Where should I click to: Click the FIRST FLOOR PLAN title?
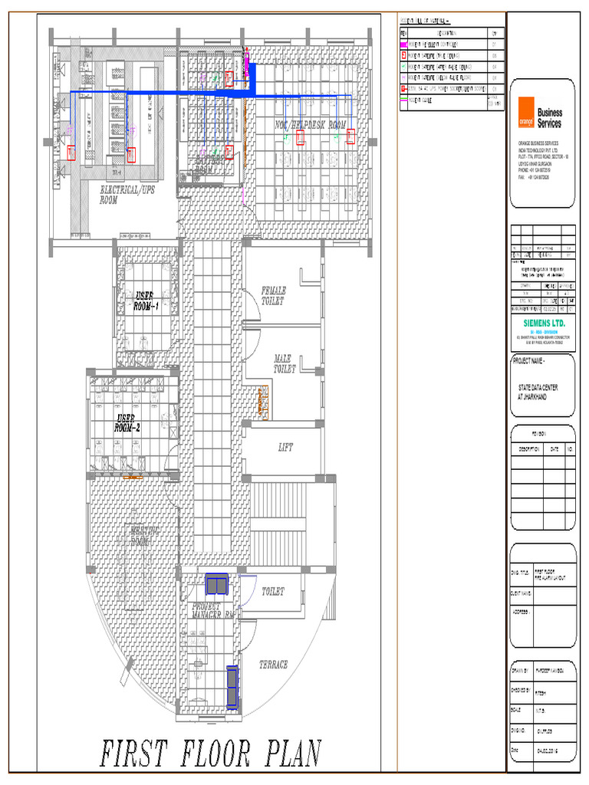coord(210,753)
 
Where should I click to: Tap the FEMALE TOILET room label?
coord(274,296)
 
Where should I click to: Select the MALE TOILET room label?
coord(285,363)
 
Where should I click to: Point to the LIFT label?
coord(286,447)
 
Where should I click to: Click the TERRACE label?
coord(274,665)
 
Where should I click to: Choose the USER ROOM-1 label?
coord(145,301)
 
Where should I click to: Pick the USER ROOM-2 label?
coord(127,422)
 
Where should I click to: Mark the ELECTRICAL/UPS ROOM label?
coord(127,194)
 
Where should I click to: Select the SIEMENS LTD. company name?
coord(543,323)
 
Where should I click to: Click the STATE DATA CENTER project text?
coord(538,392)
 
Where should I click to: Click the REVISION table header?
coord(543,432)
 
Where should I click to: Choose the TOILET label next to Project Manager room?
coord(273,592)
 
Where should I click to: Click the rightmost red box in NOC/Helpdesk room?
coord(350,136)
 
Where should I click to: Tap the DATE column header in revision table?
coord(554,449)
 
